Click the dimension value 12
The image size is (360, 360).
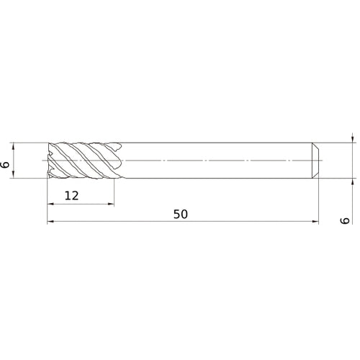(x=71, y=195)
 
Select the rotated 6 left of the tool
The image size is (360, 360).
(x=6, y=165)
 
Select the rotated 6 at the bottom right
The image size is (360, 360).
(x=346, y=220)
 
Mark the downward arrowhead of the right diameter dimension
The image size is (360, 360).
(x=351, y=138)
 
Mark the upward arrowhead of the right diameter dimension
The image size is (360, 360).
(x=351, y=180)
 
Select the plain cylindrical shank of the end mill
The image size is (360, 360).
(x=216, y=159)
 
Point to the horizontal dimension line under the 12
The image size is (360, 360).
(x=81, y=204)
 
